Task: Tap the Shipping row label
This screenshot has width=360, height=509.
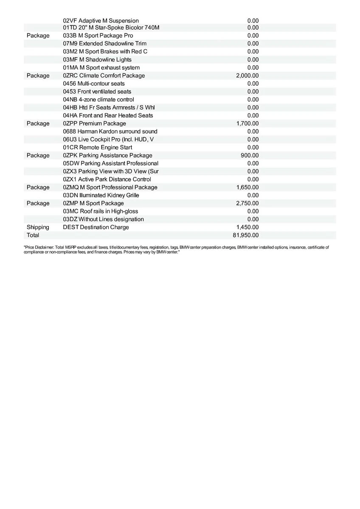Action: click(x=38, y=227)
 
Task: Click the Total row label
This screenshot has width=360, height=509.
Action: click(x=33, y=235)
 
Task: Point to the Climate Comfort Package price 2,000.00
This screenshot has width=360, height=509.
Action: click(x=247, y=76)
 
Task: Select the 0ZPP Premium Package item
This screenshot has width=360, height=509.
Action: click(x=94, y=123)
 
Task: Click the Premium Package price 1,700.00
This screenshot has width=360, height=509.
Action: click(x=247, y=123)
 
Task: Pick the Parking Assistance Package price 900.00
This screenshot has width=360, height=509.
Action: click(x=250, y=155)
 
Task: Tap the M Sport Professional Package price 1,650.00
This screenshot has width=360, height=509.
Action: click(x=247, y=187)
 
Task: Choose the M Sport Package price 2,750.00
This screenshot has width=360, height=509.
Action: click(x=247, y=203)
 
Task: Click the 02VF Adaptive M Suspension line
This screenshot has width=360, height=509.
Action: click(x=101, y=20)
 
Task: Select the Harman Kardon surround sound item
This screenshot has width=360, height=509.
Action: click(x=110, y=131)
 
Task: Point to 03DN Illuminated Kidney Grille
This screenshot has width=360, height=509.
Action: click(x=101, y=195)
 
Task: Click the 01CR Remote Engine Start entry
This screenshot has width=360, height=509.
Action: click(x=97, y=147)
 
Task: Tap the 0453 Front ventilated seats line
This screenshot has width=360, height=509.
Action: click(x=97, y=91)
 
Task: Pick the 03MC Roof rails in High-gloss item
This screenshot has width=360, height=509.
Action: click(x=100, y=211)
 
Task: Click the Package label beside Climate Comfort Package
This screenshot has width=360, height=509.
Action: click(x=38, y=76)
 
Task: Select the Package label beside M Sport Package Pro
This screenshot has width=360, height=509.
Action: click(x=38, y=36)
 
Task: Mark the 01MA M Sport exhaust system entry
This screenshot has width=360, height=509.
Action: click(x=101, y=67)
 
